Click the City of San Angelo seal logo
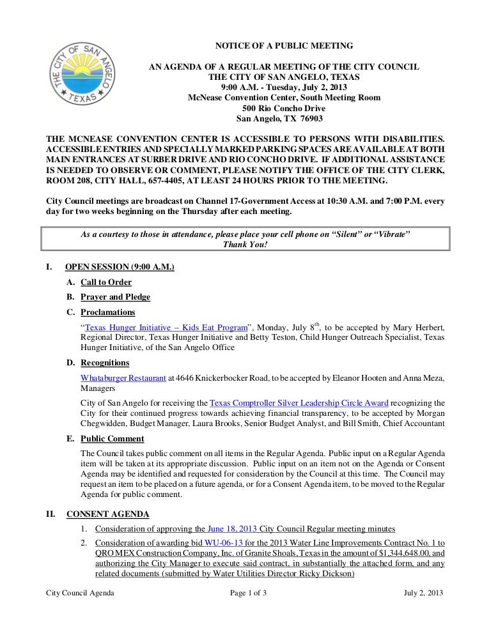click(x=80, y=76)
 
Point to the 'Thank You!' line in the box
click(x=245, y=245)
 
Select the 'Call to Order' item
click(x=106, y=282)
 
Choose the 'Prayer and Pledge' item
click(x=116, y=297)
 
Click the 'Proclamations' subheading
click(x=108, y=312)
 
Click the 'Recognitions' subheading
click(x=105, y=363)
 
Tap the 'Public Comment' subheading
click(x=113, y=439)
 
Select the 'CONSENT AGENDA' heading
click(x=108, y=514)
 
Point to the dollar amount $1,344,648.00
click(x=391, y=553)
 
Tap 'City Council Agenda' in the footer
click(x=81, y=593)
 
